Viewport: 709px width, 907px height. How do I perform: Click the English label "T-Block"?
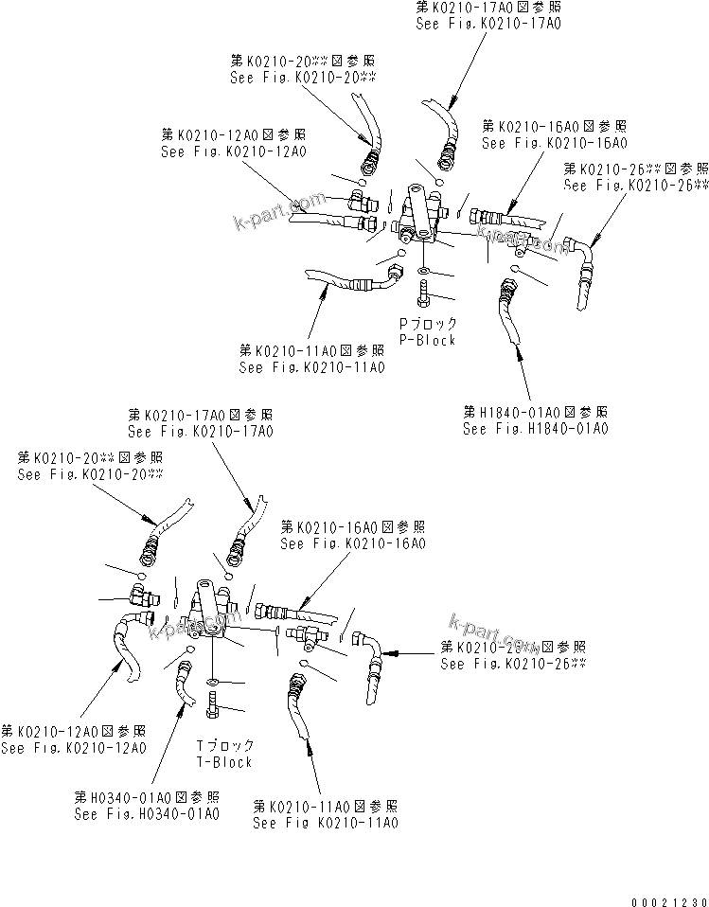(225, 761)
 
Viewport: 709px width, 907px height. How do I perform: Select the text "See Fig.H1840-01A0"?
(535, 428)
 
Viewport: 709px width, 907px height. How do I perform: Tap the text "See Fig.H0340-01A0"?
(148, 812)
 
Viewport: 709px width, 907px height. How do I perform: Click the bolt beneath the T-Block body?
(214, 707)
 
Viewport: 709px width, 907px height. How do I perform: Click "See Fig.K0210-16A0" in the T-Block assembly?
(352, 543)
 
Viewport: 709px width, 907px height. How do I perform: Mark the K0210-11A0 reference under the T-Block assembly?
(325, 823)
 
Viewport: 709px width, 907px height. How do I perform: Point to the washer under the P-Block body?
(421, 273)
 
